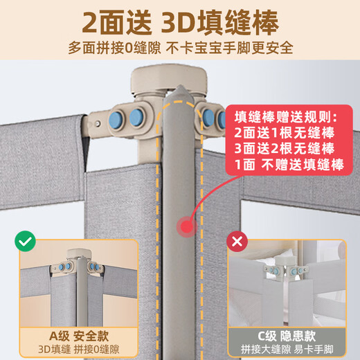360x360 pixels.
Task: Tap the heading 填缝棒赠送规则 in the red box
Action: [x=284, y=115]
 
